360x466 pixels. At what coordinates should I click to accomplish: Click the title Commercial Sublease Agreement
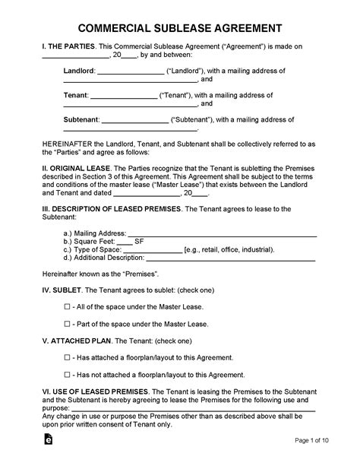pos(179,28)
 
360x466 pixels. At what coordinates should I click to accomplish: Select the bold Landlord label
pos(79,69)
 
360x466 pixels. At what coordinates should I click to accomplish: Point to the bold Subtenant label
pos(82,120)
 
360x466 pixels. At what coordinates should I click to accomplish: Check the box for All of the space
pos(67,306)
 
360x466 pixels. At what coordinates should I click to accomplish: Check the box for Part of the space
pos(67,323)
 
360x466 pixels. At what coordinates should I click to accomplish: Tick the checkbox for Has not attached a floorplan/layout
pos(67,375)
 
